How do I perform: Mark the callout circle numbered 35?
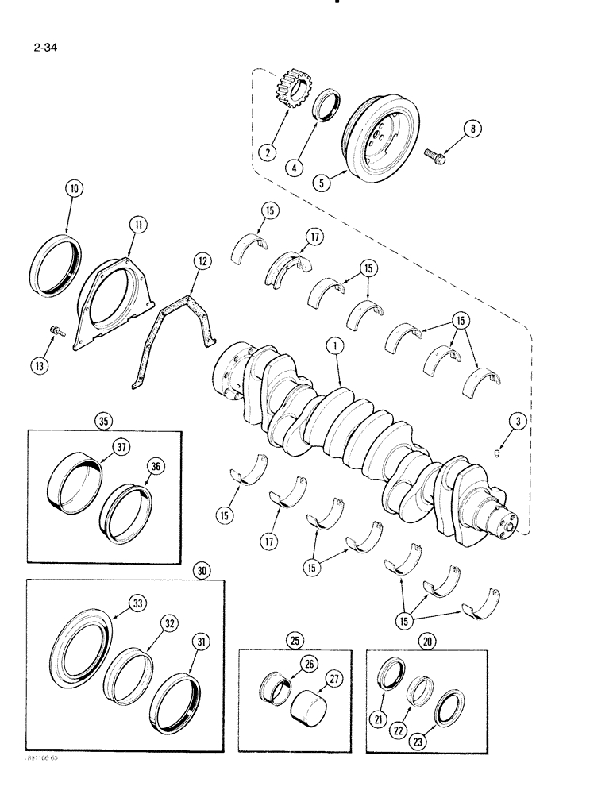103,422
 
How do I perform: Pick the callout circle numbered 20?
431,641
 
